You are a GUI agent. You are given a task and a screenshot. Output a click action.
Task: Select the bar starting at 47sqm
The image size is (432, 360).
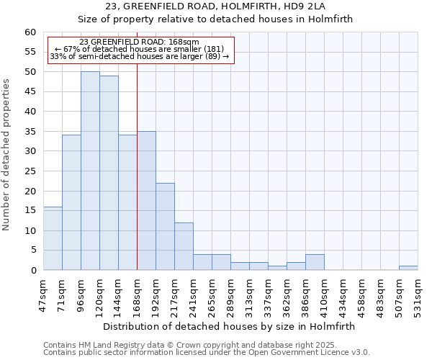(53, 238)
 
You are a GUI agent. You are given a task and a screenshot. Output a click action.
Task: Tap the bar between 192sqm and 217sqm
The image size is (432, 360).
(165, 227)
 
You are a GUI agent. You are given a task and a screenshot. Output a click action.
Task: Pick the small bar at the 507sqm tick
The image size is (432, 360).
(408, 268)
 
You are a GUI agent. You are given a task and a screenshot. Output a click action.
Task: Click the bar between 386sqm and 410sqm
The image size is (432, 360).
(315, 263)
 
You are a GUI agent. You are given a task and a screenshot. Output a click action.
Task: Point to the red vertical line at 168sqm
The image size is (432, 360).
(137, 180)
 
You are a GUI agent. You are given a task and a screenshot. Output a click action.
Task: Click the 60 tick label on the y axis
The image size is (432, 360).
(30, 32)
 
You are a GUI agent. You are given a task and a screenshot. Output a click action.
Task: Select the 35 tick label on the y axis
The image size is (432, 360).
(30, 132)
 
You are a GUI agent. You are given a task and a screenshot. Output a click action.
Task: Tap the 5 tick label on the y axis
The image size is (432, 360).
(32, 251)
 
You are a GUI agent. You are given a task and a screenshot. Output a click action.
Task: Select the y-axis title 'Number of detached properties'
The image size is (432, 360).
(7, 155)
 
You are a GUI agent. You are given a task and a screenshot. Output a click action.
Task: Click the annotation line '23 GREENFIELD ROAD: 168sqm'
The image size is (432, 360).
(139, 42)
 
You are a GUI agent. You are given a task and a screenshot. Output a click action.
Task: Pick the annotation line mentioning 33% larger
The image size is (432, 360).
(139, 56)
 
